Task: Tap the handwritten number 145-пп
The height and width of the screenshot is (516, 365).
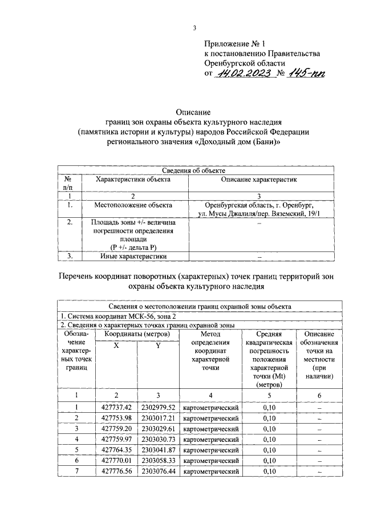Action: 303,74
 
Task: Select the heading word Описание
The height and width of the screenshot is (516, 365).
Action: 194,112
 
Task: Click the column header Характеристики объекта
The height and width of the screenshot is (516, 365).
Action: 133,179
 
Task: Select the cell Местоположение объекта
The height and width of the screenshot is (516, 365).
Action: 133,204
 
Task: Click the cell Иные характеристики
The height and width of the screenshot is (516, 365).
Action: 133,257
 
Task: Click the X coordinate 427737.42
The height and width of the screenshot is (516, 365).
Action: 116,407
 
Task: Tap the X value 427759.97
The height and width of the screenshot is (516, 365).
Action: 116,439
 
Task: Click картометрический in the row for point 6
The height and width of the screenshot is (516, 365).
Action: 210,460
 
